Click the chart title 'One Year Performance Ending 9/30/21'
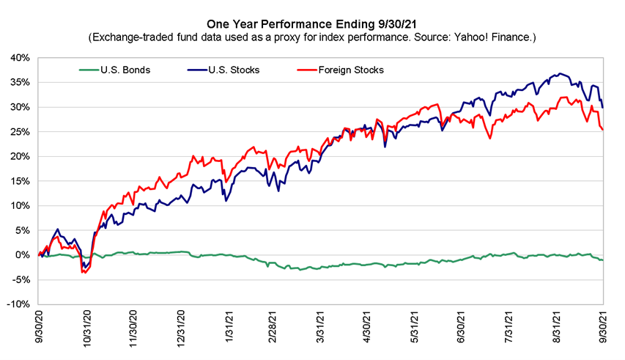click(311, 24)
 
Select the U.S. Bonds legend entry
click(115, 70)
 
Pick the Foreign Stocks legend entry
click(341, 70)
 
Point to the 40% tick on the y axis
click(20, 58)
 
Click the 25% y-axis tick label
click(20, 132)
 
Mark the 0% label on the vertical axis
click(23, 255)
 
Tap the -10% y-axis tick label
click(18, 304)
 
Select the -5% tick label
click(21, 280)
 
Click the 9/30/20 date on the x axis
click(40, 327)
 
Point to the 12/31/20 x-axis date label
click(181, 327)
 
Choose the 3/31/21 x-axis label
click(320, 327)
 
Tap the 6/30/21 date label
click(461, 327)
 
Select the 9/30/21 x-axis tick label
click(603, 327)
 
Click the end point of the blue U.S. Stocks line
click(603, 108)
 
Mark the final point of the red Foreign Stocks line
click(603, 129)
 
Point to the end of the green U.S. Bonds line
click(603, 260)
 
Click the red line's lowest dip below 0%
click(84, 273)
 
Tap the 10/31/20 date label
click(87, 327)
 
